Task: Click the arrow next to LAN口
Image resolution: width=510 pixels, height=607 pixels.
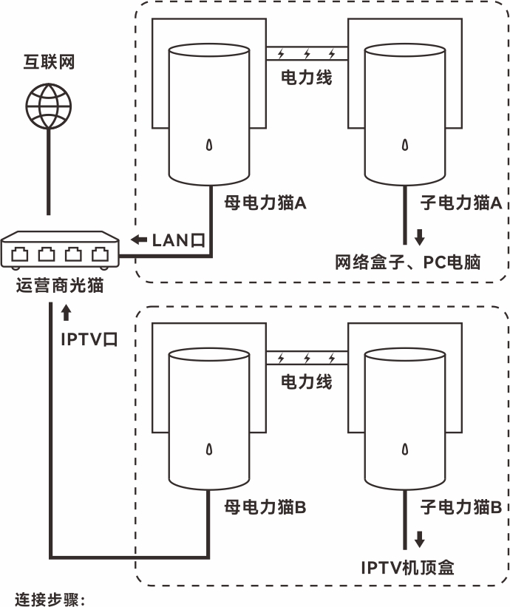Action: tap(138, 240)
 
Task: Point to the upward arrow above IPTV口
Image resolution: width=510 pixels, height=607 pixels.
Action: tap(67, 313)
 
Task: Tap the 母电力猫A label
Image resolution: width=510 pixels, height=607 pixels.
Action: tap(265, 200)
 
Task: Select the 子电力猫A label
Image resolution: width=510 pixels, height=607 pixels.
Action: tap(461, 200)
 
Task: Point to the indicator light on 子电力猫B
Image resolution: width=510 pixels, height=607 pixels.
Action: tap(404, 449)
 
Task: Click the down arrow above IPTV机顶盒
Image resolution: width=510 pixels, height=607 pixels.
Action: tap(420, 540)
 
